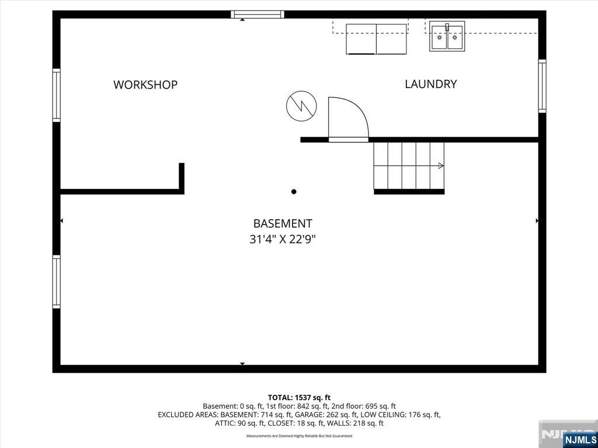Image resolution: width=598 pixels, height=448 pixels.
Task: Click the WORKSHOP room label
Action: pos(145,85)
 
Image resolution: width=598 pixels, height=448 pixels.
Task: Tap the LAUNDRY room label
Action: pos(430,84)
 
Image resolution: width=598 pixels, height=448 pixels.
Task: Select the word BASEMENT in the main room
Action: pos(283,223)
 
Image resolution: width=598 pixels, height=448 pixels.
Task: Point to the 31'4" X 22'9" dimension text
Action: pos(283,240)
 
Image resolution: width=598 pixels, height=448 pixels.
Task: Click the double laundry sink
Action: pos(447,36)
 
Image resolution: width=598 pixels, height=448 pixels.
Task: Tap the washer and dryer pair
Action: pos(376,39)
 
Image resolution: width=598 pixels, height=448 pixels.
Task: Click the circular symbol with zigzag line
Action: pos(301,106)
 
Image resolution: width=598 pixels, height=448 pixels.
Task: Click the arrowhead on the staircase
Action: pos(441,166)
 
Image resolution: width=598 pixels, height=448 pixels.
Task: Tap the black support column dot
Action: pos(294,191)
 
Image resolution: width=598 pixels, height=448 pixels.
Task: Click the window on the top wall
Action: pos(258,15)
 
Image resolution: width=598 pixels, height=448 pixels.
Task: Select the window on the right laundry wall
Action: pos(542,86)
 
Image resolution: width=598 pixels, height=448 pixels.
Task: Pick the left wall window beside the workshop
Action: pos(57,95)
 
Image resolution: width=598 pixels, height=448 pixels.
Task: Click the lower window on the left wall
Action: pos(57,282)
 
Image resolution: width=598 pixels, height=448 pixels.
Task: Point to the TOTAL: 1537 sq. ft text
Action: pos(299,398)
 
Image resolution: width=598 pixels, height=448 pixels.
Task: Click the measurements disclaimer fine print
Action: pos(300,436)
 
